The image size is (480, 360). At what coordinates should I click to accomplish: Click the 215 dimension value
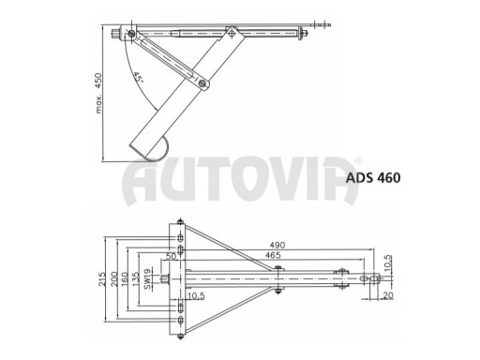[102, 279]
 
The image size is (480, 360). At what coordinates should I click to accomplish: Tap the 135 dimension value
[138, 279]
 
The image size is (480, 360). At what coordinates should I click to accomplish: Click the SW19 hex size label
[150, 279]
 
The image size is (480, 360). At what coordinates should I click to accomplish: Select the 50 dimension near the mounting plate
[171, 254]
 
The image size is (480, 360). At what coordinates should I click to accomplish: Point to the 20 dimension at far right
[387, 294]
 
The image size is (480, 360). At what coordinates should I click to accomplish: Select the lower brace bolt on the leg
[202, 86]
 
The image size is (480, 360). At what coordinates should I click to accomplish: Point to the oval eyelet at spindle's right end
[374, 278]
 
